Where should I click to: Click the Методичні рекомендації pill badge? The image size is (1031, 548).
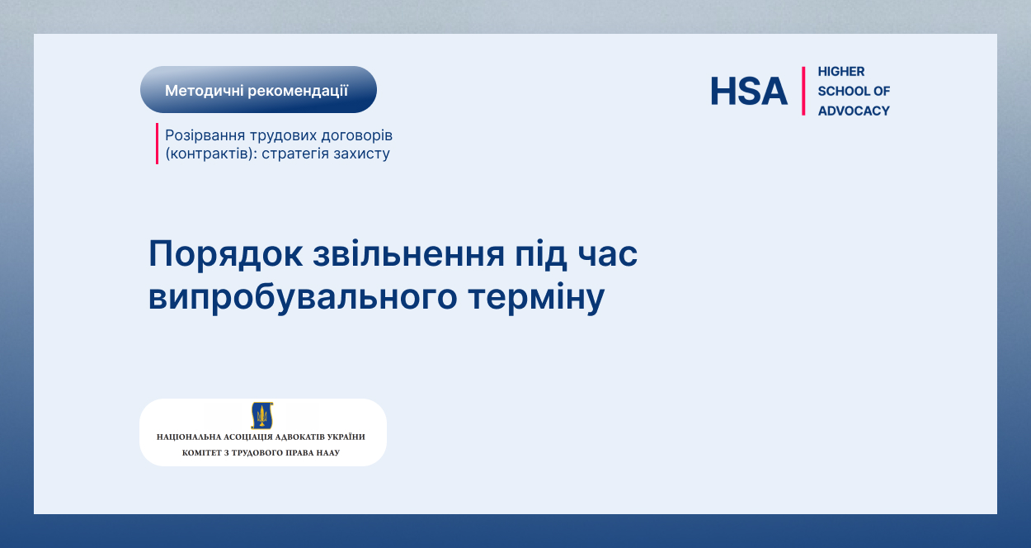(258, 90)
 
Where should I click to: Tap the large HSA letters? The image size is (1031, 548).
(749, 91)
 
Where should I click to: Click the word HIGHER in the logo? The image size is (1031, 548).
(841, 72)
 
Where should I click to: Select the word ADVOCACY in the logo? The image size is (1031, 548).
(854, 111)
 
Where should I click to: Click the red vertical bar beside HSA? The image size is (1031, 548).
(803, 91)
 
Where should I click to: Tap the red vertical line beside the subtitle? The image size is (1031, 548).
(157, 144)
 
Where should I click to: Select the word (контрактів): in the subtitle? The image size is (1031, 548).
(211, 154)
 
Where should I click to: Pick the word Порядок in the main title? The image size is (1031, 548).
(225, 254)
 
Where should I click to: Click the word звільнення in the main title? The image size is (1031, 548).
(409, 254)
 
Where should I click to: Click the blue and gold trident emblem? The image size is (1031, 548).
(262, 415)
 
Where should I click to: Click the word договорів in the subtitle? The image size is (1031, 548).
(356, 136)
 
